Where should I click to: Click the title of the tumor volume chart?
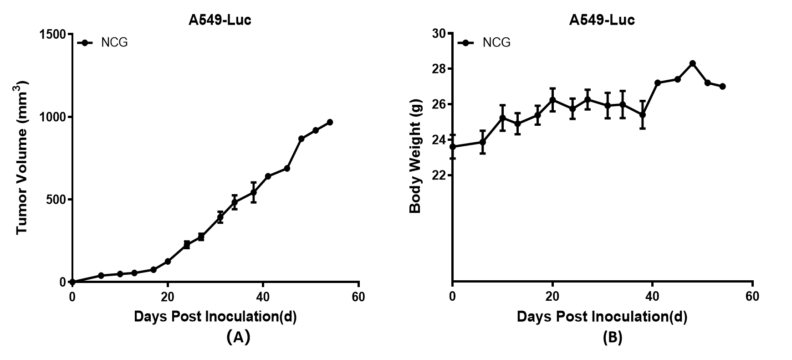(x=220, y=20)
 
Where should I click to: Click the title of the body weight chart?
(x=602, y=20)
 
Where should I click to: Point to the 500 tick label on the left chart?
(x=57, y=200)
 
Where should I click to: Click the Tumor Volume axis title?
(x=22, y=157)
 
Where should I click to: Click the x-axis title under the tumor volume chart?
(x=215, y=316)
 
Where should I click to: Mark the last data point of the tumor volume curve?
(x=330, y=122)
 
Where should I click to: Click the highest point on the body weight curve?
(x=692, y=63)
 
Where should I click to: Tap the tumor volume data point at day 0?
(x=72, y=282)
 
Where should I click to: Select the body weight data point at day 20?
(x=552, y=100)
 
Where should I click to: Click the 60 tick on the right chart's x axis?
(x=752, y=297)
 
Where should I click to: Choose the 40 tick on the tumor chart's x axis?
(x=263, y=297)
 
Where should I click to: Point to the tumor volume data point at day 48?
(x=301, y=139)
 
